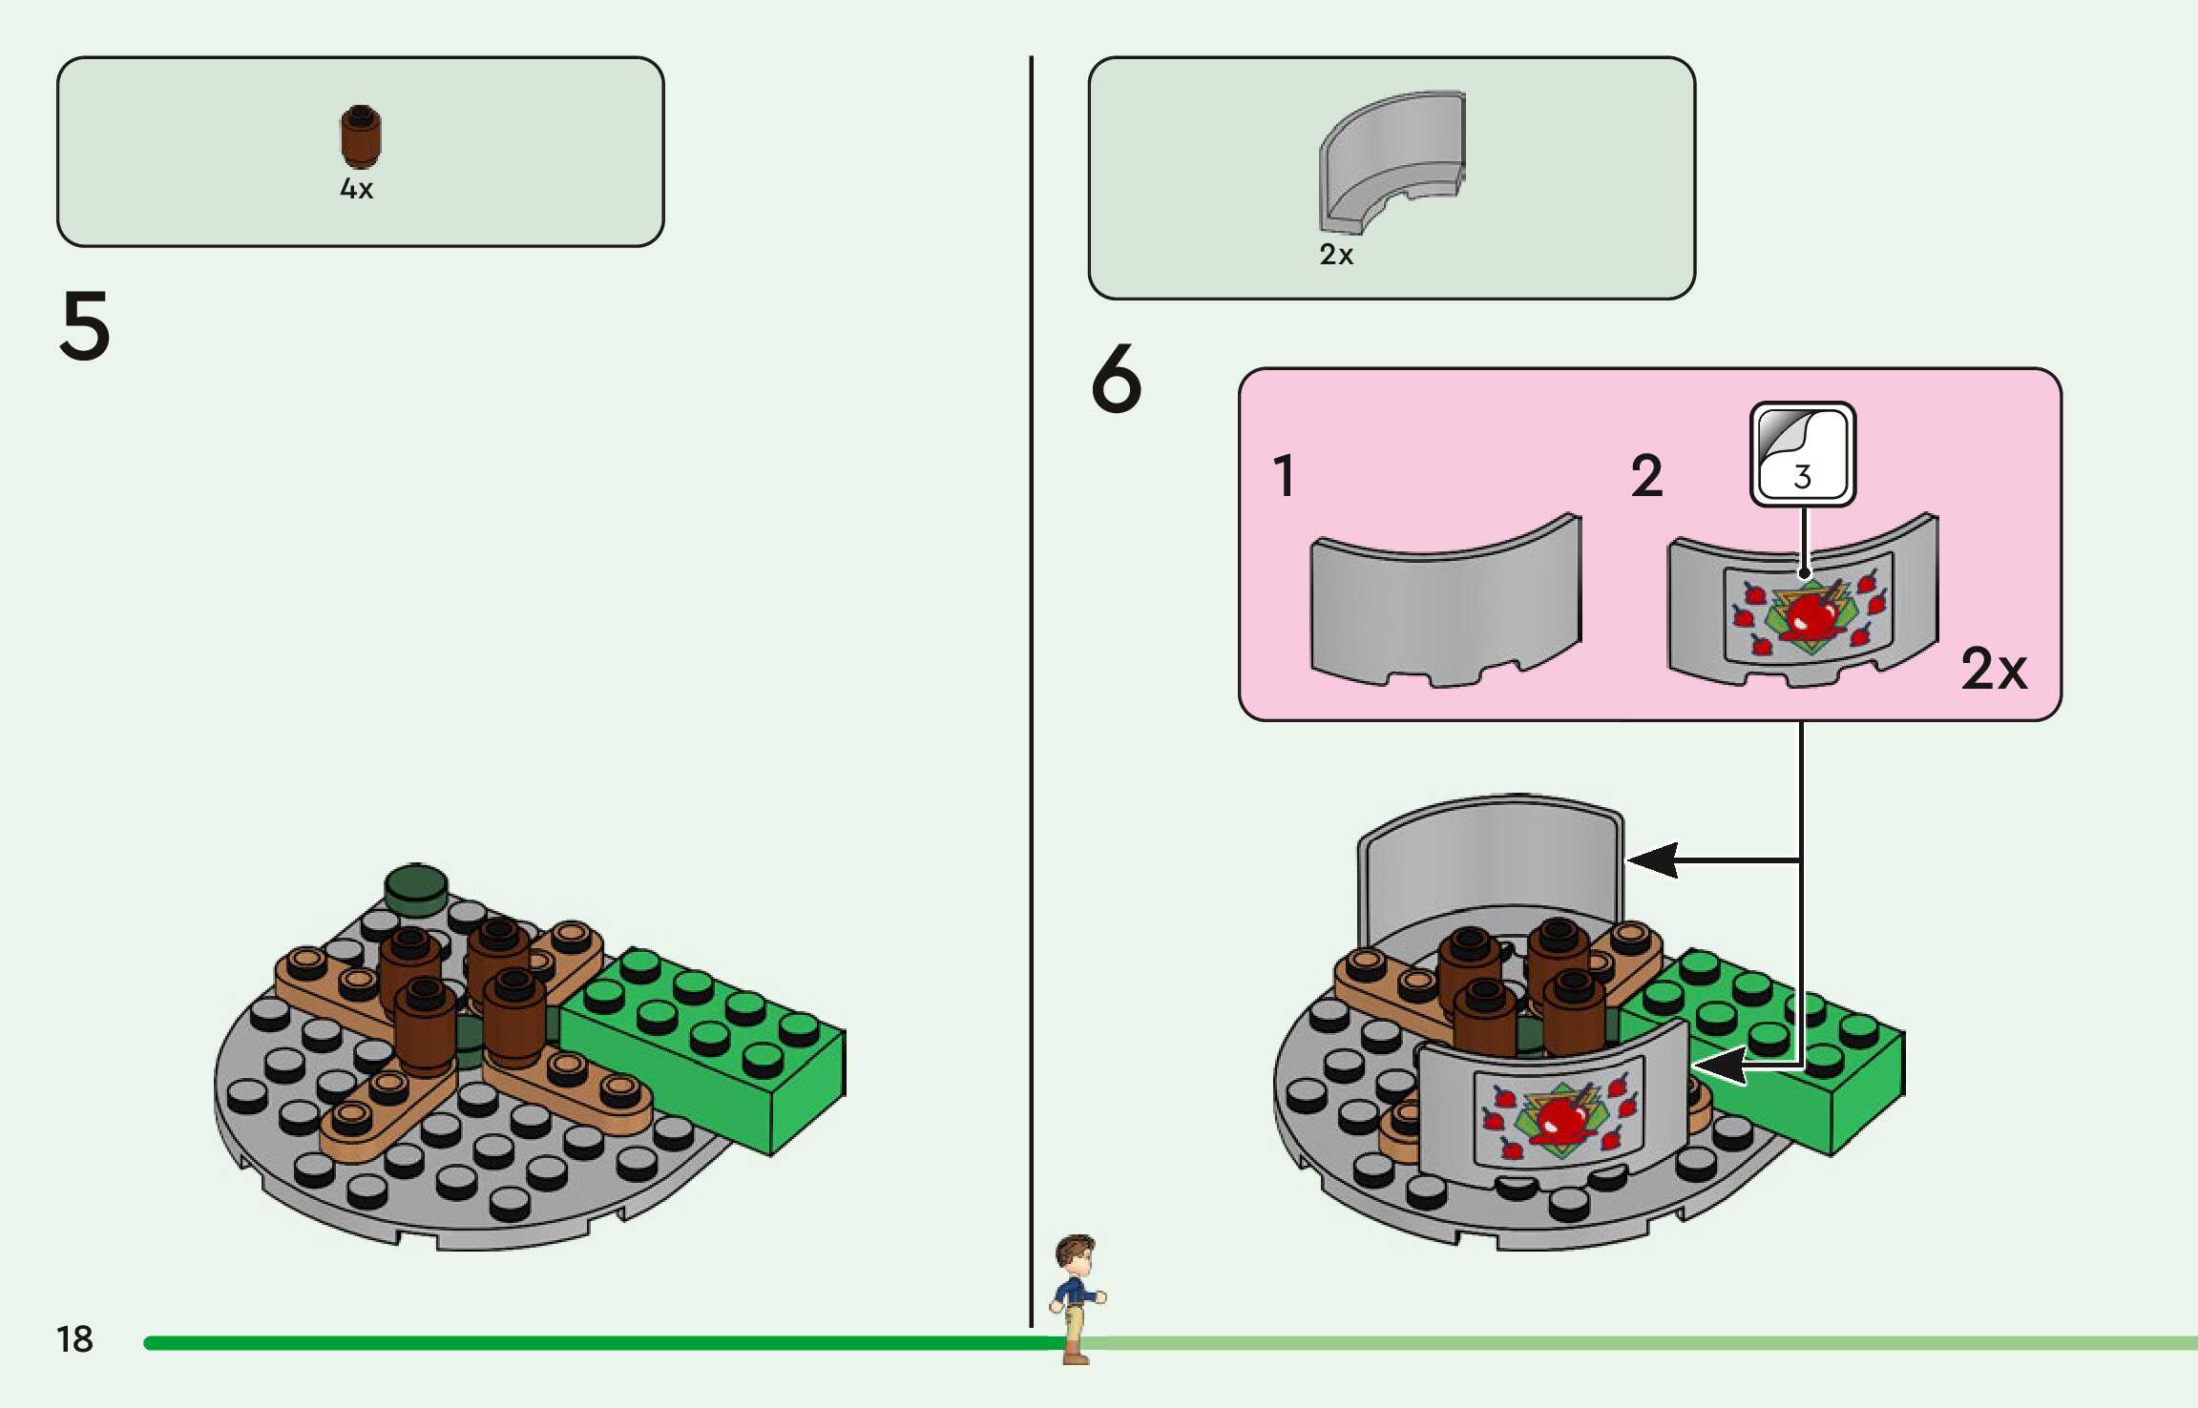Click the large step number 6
(x=1116, y=379)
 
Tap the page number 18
(x=74, y=1339)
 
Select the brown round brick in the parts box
(x=360, y=136)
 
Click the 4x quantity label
(x=357, y=189)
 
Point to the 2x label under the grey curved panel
(x=1336, y=255)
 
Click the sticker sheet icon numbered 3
(x=1802, y=454)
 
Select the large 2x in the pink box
(x=1993, y=669)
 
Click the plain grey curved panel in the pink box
(x=1445, y=607)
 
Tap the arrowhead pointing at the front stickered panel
(x=1718, y=1066)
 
